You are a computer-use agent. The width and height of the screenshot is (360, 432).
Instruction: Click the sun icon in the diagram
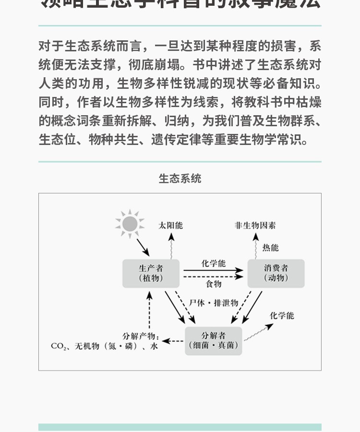click(x=130, y=223)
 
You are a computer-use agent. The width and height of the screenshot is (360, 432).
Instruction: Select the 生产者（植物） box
click(x=151, y=273)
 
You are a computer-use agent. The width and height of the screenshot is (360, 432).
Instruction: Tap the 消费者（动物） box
click(x=276, y=273)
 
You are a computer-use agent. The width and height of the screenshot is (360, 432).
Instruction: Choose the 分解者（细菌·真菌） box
click(x=214, y=340)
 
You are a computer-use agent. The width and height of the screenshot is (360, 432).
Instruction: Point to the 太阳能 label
click(x=171, y=225)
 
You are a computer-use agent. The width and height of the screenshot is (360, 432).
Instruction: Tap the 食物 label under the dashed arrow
click(x=214, y=284)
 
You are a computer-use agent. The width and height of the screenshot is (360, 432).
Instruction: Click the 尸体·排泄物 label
click(x=214, y=303)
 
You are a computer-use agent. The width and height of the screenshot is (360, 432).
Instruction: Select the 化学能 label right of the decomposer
click(x=282, y=316)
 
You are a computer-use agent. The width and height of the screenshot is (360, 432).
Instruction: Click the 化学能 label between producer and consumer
click(x=214, y=264)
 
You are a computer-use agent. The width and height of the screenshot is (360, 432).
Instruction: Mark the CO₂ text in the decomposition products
click(x=58, y=346)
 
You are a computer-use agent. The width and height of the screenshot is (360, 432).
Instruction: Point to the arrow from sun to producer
click(x=143, y=247)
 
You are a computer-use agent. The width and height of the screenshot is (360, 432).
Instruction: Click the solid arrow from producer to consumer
click(x=214, y=270)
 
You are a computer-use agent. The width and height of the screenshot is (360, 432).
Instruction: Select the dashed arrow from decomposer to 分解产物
click(x=173, y=341)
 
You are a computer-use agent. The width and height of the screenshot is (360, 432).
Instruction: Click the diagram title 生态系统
click(x=180, y=179)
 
